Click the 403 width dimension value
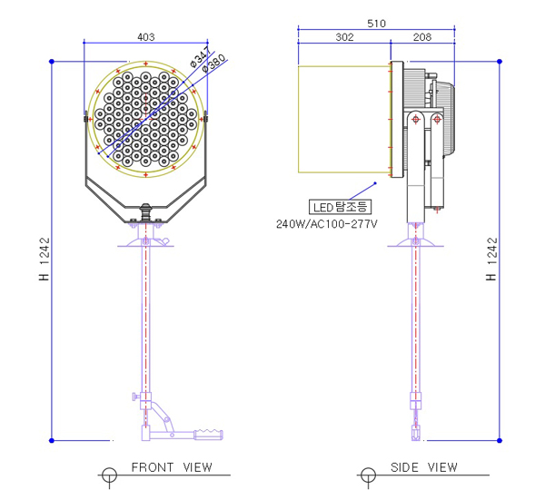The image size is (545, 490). (x=146, y=37)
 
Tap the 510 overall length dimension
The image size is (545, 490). (x=376, y=24)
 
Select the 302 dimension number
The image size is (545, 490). (x=344, y=37)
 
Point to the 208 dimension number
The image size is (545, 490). (x=422, y=37)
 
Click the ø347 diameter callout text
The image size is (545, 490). (x=200, y=56)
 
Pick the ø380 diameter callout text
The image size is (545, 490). (x=213, y=64)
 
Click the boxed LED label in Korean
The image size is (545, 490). (x=340, y=207)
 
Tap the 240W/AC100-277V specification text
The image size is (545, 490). (x=326, y=224)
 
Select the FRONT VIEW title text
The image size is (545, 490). (x=172, y=467)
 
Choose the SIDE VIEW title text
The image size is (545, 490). (x=423, y=467)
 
